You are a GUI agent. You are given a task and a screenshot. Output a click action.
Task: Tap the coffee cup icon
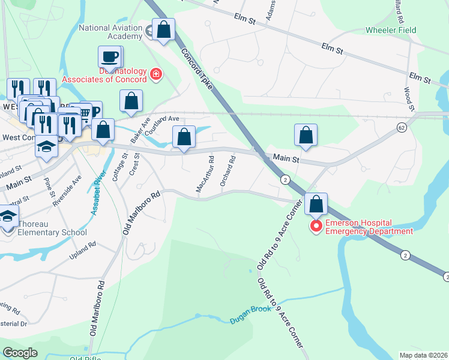tap(109, 58)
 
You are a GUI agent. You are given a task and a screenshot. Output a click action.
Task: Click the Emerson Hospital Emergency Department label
tap(369, 227)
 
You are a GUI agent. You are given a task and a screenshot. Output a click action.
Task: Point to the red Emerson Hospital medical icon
tap(316, 226)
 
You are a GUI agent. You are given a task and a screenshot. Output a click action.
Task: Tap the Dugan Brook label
tap(255, 315)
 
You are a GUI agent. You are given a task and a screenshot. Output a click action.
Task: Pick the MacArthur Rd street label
tap(205, 175)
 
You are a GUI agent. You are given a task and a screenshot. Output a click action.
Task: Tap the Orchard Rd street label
tap(228, 171)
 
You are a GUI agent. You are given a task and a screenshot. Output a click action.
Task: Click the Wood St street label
tap(409, 98)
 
